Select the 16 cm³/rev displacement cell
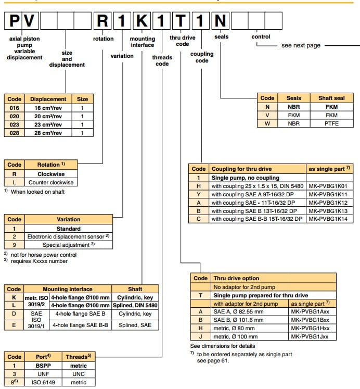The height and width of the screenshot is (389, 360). (48, 108)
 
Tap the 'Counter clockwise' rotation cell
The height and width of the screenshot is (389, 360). (50, 182)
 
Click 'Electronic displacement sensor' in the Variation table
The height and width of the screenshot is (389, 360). (68, 237)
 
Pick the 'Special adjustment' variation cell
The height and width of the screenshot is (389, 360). (68, 245)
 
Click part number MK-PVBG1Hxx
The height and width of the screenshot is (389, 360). (312, 328)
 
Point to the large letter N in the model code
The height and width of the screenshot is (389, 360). (221, 22)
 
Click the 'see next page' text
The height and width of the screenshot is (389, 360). (301, 45)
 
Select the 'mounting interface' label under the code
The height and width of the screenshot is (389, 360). (142, 42)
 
